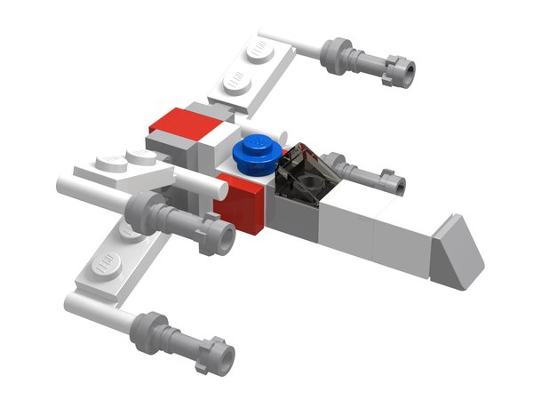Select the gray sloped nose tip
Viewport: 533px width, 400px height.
pos(459,251)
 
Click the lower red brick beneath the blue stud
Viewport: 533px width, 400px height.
pos(242,205)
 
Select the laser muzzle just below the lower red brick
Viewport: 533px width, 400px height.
pos(224,237)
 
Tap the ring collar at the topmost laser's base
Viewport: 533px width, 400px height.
pos(337,48)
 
